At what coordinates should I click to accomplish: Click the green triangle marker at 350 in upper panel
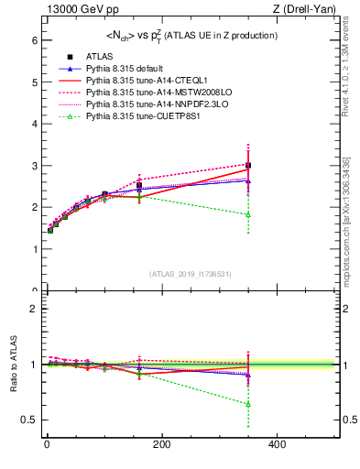coord(248,214)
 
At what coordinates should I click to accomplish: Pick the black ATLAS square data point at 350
coord(248,166)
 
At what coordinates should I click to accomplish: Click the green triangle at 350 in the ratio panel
coord(248,404)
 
